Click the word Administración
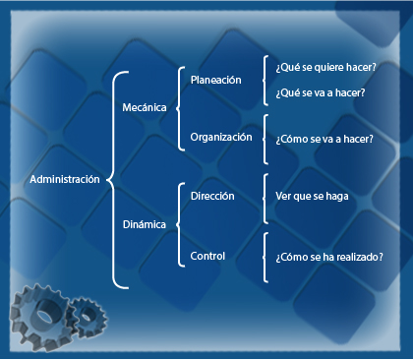(65, 179)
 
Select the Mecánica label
(145, 107)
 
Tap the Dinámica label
(144, 223)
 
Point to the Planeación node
(215, 80)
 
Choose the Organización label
(221, 137)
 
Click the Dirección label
(211, 196)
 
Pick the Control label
(206, 256)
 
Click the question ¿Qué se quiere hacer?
(325, 68)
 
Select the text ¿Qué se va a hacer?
(321, 92)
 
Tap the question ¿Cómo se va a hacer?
(324, 139)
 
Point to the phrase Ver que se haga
(312, 197)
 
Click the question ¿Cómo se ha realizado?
(329, 256)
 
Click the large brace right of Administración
(114, 179)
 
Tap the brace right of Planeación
(265, 80)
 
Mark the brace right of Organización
(265, 138)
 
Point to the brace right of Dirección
(265, 196)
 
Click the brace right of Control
(265, 256)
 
